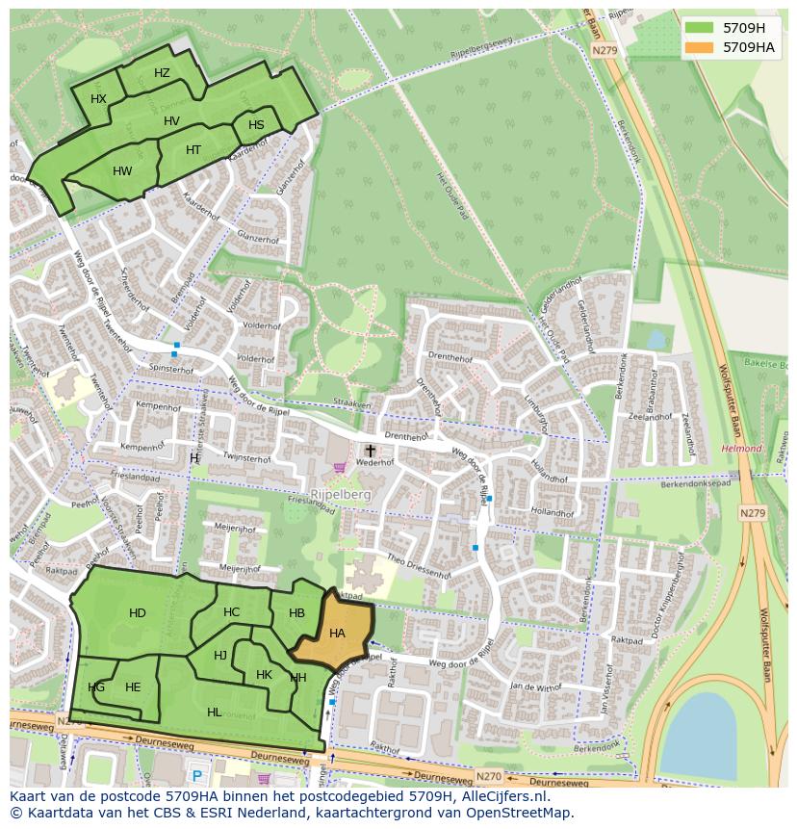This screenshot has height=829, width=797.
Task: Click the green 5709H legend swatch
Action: click(x=700, y=28)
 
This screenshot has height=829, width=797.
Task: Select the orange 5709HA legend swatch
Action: click(x=700, y=47)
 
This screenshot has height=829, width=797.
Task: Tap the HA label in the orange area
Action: click(x=337, y=634)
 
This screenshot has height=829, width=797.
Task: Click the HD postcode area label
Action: click(x=138, y=613)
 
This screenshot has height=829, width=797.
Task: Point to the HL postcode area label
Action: click(x=214, y=712)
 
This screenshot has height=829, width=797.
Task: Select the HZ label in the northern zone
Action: click(x=162, y=73)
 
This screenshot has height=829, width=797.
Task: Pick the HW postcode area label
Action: click(x=122, y=171)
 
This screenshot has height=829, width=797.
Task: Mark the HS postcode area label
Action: click(x=256, y=125)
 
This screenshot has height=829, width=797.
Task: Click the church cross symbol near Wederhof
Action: click(x=370, y=450)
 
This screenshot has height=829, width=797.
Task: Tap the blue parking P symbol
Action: click(x=197, y=776)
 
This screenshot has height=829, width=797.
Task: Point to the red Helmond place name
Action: click(x=741, y=449)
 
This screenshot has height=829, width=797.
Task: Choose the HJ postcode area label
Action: click(x=220, y=656)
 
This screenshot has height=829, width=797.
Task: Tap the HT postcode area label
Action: click(x=193, y=150)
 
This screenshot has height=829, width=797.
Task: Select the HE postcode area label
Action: click(x=133, y=687)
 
